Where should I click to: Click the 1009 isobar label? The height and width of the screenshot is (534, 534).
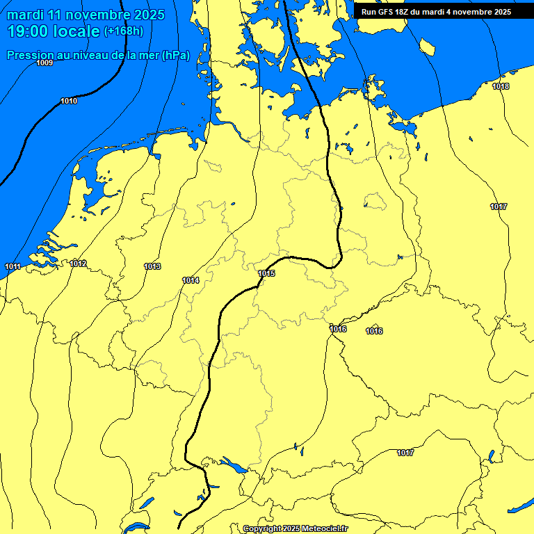click(44, 63)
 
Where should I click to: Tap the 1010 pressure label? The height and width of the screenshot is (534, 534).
click(69, 102)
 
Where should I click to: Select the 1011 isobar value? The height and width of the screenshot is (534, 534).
click(13, 267)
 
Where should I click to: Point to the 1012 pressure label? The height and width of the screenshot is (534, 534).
click(78, 264)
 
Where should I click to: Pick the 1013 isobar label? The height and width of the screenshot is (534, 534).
click(152, 266)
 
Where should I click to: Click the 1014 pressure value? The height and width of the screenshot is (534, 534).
click(191, 280)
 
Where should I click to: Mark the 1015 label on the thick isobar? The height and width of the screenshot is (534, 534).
click(266, 273)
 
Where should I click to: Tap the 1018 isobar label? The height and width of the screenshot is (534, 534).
click(500, 86)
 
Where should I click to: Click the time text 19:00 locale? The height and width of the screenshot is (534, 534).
click(53, 31)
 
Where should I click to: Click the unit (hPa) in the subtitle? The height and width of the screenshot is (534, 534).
click(175, 55)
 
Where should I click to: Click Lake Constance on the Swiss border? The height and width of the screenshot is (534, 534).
click(230, 464)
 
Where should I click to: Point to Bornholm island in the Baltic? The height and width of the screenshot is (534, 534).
click(427, 47)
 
